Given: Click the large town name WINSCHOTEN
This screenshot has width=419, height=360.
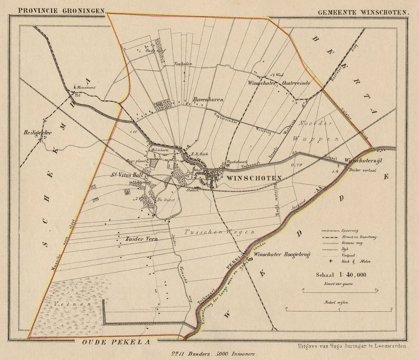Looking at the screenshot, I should pyautogui.click(x=254, y=178).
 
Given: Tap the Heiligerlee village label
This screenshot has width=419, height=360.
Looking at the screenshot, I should pyautogui.click(x=33, y=133).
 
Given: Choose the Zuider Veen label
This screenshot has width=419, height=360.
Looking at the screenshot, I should pyautogui.click(x=141, y=239).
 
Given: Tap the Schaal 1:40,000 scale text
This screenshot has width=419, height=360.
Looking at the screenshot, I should pyautogui.click(x=341, y=275).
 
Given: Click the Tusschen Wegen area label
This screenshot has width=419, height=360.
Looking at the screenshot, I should pyautogui.click(x=219, y=232).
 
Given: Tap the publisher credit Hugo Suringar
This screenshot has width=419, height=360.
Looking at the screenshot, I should pyautogui.click(x=352, y=346).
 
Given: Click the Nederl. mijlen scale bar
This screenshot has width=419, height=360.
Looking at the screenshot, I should pyautogui.click(x=339, y=308).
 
